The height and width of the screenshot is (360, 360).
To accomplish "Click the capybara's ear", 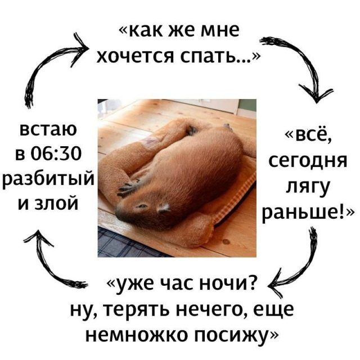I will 163,208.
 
